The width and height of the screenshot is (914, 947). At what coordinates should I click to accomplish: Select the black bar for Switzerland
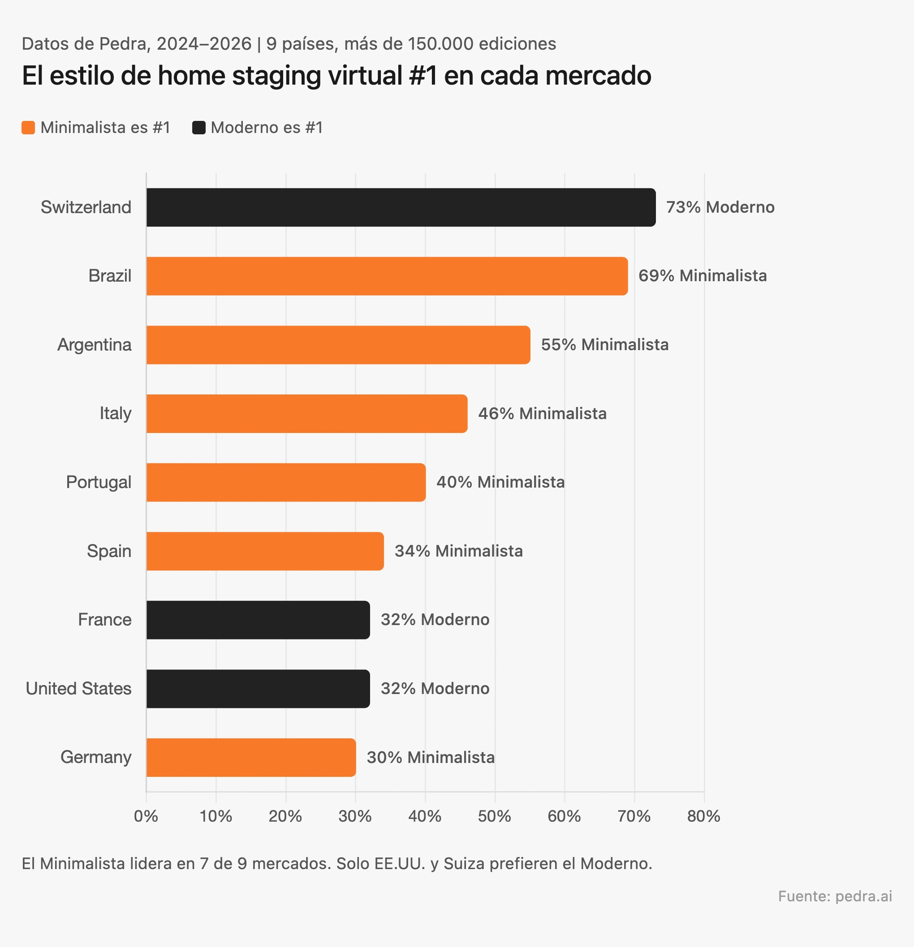coord(401,207)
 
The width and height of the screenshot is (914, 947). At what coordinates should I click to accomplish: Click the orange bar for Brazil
coord(387,276)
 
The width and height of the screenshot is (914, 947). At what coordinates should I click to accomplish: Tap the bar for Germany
coord(251,757)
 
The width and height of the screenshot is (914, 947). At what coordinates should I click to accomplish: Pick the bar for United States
coord(258,689)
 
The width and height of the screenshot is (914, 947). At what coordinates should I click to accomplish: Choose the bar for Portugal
coord(286,482)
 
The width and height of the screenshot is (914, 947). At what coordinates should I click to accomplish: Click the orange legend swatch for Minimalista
coord(29,128)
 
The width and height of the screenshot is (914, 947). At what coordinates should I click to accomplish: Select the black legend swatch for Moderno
coord(199,128)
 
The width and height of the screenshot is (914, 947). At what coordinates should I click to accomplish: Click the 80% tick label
coord(703,817)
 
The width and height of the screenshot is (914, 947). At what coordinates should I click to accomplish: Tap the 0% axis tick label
coord(146,817)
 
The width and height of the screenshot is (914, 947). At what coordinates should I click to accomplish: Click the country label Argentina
coord(94,345)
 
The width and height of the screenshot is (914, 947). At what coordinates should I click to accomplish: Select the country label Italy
coord(116,414)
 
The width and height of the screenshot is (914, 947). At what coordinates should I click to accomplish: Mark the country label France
coord(104,620)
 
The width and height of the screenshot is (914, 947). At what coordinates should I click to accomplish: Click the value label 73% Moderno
coord(720,207)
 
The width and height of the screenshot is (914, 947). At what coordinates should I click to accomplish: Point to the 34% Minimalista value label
coord(458,551)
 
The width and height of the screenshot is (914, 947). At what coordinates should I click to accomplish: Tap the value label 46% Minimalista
coord(542,414)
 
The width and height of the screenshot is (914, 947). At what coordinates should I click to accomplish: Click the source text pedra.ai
coord(863,896)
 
